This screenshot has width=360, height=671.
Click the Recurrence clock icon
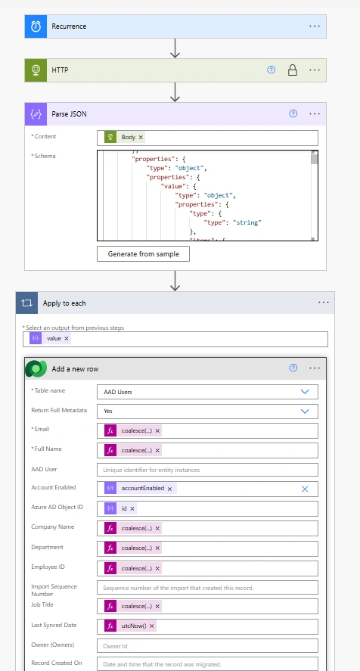click(x=36, y=26)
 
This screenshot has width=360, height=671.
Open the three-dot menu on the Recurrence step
click(x=315, y=26)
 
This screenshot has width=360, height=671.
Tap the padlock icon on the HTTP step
click(x=293, y=70)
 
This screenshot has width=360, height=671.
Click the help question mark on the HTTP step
click(x=271, y=70)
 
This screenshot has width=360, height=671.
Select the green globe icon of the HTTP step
click(x=36, y=70)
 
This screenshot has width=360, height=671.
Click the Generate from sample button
click(x=143, y=253)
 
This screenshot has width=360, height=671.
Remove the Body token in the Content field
click(x=141, y=138)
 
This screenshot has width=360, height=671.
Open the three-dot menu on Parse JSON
click(x=315, y=113)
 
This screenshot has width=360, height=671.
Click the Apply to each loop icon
click(x=26, y=303)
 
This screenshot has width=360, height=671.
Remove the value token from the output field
click(x=67, y=338)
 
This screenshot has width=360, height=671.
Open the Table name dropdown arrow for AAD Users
click(x=305, y=392)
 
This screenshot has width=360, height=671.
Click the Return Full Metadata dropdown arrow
click(x=305, y=412)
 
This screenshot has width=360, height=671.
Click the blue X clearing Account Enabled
click(x=305, y=489)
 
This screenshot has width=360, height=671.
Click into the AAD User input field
click(x=208, y=470)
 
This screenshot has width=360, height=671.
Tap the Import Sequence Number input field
click(x=208, y=588)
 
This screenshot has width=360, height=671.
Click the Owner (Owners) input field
click(x=208, y=646)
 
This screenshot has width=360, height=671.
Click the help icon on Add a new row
click(x=293, y=368)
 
